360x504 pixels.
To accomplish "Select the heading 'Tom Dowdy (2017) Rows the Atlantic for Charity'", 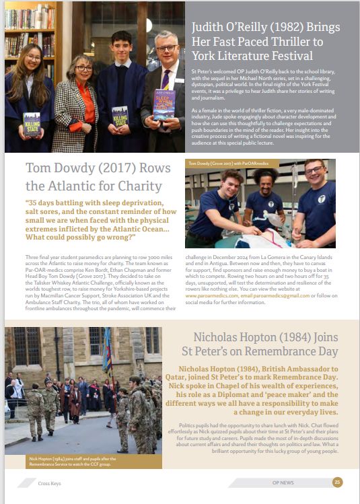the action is coord(94,176).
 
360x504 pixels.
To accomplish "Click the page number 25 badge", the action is coord(338,481).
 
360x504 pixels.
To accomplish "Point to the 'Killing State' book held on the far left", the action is coord(31,124).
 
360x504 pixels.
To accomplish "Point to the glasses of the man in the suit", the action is coord(166,48).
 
